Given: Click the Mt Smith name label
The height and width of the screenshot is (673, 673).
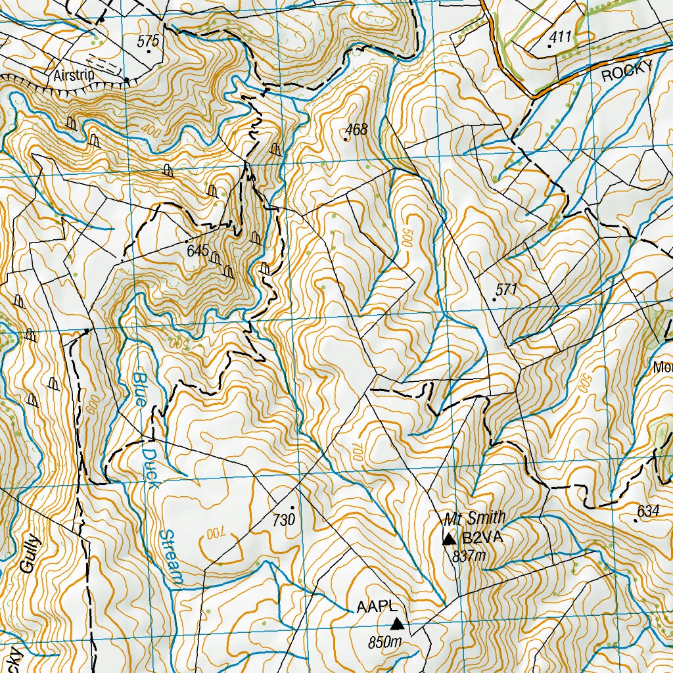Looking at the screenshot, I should (x=465, y=518).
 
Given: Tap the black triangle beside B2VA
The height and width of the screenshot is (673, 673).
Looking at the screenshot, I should (x=449, y=540).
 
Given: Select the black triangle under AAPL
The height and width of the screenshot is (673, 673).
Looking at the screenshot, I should (x=396, y=623).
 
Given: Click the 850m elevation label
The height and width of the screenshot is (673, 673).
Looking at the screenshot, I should (x=386, y=641).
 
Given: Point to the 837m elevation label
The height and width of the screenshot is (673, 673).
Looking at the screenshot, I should (x=469, y=555).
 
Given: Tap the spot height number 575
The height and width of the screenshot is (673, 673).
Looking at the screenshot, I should (x=149, y=41).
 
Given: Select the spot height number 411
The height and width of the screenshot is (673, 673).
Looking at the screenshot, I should (x=561, y=36).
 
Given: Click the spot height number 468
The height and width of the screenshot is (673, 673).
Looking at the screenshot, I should (x=356, y=129).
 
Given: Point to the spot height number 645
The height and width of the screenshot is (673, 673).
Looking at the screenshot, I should (x=197, y=250).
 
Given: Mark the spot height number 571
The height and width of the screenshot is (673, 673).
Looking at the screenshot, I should (x=507, y=289).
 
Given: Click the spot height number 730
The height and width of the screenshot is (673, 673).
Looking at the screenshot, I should (x=283, y=519).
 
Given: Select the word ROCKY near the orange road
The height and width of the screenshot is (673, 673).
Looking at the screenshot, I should (x=628, y=71).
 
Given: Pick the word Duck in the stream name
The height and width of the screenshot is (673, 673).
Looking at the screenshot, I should (x=152, y=467).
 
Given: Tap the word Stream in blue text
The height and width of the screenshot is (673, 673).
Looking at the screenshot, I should (x=171, y=556).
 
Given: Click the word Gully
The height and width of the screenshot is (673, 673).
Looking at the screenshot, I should (x=31, y=556).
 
